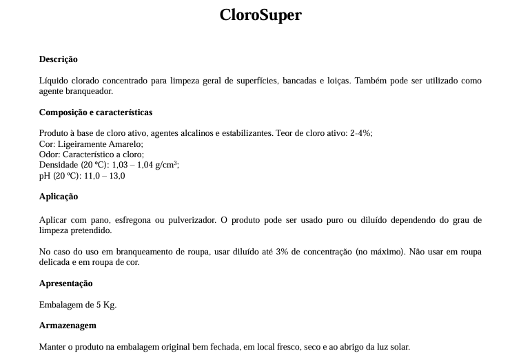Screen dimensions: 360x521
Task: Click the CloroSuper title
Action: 260,15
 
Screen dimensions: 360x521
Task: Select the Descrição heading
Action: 59,59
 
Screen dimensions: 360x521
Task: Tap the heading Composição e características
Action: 96,112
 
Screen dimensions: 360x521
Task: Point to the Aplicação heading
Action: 59,197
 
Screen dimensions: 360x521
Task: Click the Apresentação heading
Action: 65,283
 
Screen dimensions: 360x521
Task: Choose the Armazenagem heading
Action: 68,326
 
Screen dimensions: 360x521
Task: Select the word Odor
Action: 49,154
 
